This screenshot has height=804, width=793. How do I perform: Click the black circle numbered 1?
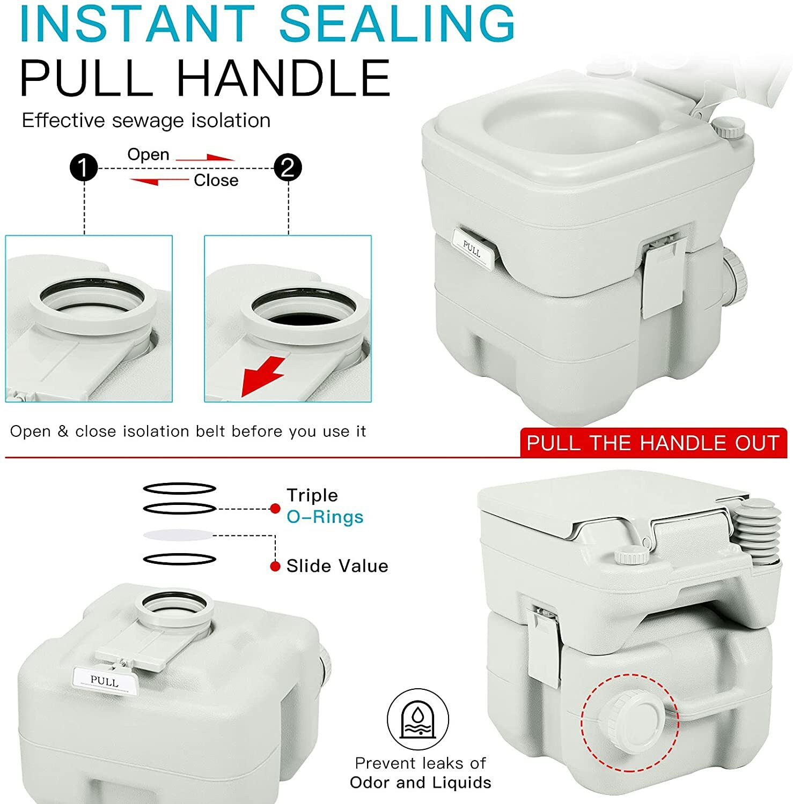point(84,168)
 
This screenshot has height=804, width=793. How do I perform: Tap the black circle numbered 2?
point(288,168)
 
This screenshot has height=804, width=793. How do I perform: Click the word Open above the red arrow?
point(148,154)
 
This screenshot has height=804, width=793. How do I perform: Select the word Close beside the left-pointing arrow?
point(216,180)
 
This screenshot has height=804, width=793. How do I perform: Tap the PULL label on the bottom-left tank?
point(104,681)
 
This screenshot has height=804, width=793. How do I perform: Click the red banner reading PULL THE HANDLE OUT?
point(653,443)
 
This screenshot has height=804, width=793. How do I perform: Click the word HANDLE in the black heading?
point(283,78)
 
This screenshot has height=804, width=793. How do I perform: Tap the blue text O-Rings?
point(325,517)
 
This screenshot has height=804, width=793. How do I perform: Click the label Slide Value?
point(337,566)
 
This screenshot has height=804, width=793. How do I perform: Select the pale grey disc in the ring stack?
point(179,534)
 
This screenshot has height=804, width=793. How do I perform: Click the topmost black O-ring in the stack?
point(179,488)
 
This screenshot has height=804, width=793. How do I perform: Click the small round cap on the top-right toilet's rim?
point(728,128)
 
